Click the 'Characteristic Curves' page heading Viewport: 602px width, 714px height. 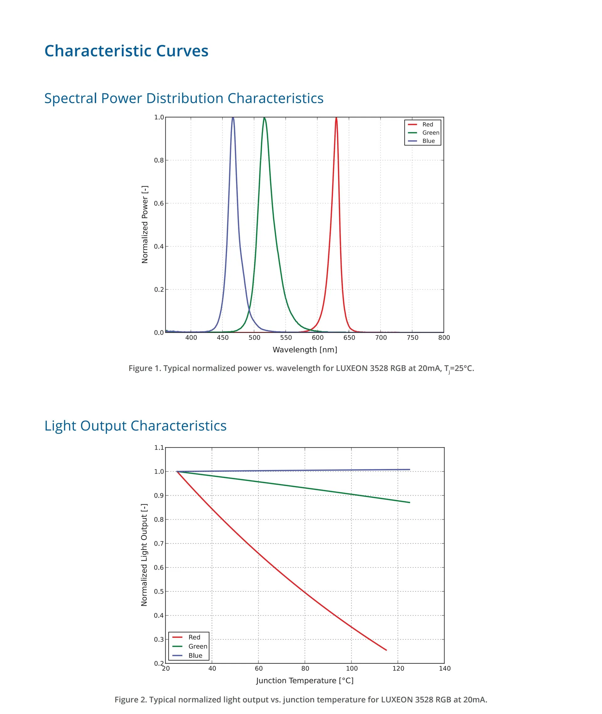(126, 51)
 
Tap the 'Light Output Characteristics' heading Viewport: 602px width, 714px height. (135, 426)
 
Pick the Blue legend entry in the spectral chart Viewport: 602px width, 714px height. (428, 141)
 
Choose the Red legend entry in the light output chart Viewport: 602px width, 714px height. (194, 637)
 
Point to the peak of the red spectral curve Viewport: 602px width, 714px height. (336, 118)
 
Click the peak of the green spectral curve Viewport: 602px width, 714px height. (264, 118)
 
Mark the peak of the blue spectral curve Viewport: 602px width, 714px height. (233, 118)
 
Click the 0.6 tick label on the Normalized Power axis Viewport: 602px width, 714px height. (159, 204)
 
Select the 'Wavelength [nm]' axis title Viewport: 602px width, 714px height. (305, 350)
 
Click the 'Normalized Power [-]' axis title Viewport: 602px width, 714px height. (145, 225)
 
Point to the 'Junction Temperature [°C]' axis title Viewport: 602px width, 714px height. (305, 680)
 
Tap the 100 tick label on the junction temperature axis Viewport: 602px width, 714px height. (351, 669)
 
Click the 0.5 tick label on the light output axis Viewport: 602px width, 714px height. (159, 591)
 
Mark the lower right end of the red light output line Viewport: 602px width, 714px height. (386, 650)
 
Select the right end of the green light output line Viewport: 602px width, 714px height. (409, 502)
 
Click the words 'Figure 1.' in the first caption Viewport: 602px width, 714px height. (144, 368)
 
